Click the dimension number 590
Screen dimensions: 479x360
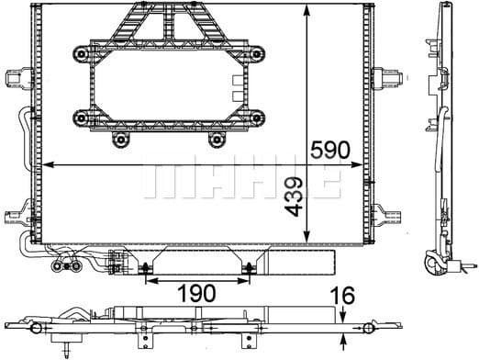point(329,150)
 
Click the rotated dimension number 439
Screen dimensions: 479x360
point(294,197)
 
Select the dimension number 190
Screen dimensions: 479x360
point(196,293)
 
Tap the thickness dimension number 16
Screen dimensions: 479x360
point(344,296)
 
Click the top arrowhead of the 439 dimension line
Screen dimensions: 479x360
point(306,12)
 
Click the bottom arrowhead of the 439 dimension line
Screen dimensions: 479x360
point(306,237)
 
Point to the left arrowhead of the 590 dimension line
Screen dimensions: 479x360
point(49,164)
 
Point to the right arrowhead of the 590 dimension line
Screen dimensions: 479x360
point(355,164)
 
